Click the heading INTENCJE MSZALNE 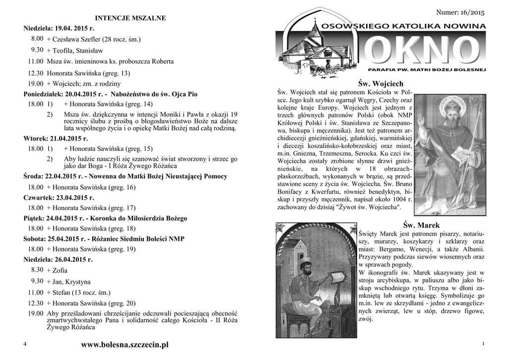tap(130, 18)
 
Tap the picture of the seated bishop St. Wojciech tap(449, 154)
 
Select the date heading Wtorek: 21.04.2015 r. tap(56, 139)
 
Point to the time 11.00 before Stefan tap(36, 293)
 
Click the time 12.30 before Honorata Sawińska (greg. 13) tap(36, 73)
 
